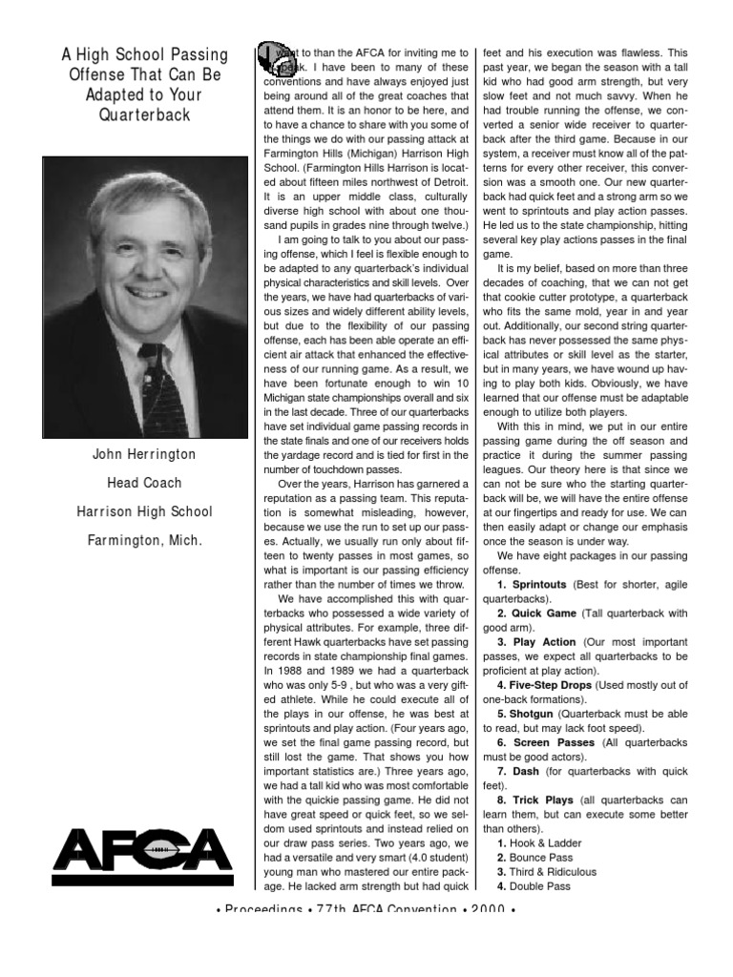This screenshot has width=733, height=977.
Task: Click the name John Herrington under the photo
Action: (144, 455)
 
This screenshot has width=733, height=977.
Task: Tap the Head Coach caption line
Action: (144, 483)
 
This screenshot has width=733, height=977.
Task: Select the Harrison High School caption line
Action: (144, 511)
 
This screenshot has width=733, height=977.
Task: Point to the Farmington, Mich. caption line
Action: (144, 540)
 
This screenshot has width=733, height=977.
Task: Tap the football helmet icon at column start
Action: (274, 60)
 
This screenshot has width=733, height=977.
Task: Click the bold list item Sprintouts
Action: (538, 583)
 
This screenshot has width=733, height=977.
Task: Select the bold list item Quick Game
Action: (543, 613)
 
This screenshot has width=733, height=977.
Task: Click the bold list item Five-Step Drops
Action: (550, 685)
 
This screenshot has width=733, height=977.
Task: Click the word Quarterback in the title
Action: (144, 114)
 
